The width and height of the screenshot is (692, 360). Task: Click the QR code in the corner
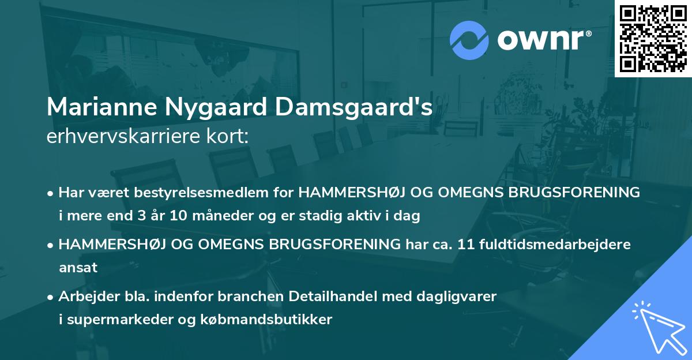click(653, 38)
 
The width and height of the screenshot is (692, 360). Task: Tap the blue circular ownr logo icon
click(469, 40)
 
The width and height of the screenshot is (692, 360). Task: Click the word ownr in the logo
click(543, 40)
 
